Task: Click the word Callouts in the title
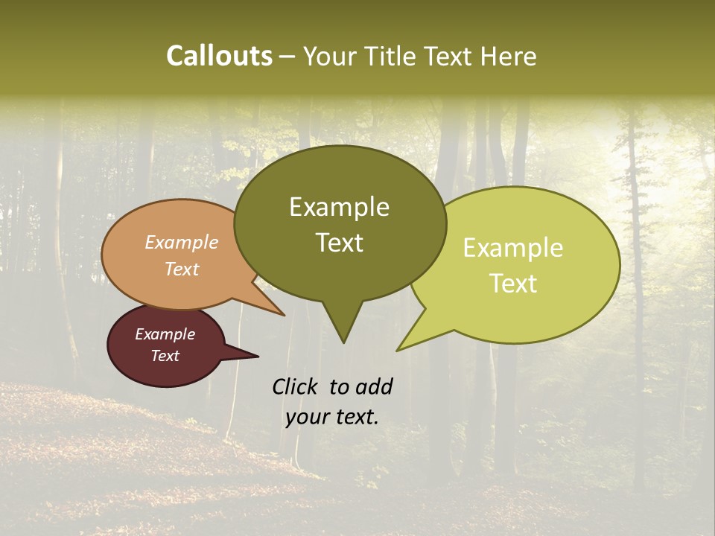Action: pyautogui.click(x=219, y=56)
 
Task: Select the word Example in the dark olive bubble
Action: pyautogui.click(x=339, y=207)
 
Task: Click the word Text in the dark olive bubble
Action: pyautogui.click(x=339, y=242)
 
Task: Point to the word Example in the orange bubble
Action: pyautogui.click(x=181, y=242)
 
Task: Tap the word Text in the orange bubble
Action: pyautogui.click(x=181, y=269)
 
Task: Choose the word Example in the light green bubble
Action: pyautogui.click(x=512, y=248)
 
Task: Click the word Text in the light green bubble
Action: pyautogui.click(x=512, y=283)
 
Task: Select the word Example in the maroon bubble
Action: pyautogui.click(x=165, y=334)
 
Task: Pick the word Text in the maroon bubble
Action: pyautogui.click(x=165, y=356)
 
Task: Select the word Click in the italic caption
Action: pyautogui.click(x=296, y=386)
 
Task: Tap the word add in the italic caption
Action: pyautogui.click(x=373, y=386)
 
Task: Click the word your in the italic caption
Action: pyautogui.click(x=305, y=417)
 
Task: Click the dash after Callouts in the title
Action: pyautogui.click(x=287, y=57)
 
